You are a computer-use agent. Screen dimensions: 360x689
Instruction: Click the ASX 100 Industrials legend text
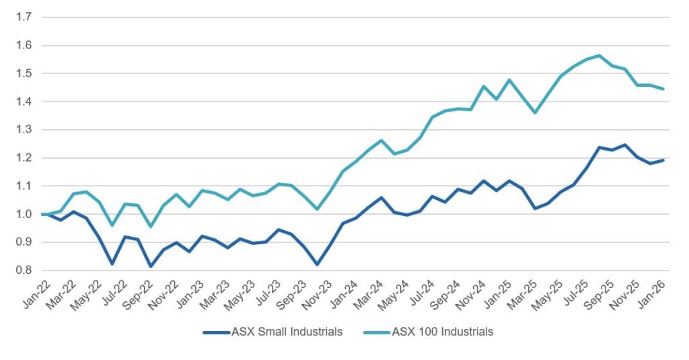442,331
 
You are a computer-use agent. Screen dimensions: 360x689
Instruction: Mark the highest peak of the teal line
599,55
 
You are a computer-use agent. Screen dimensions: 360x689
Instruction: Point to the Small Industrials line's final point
664,160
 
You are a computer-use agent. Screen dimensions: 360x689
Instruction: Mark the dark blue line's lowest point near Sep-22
151,266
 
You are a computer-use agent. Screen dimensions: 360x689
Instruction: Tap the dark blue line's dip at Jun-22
112,264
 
